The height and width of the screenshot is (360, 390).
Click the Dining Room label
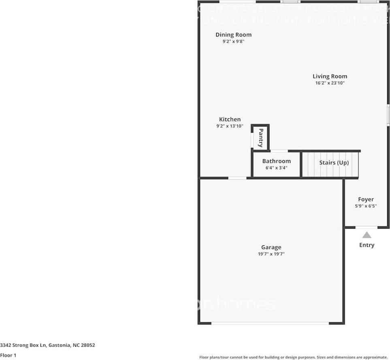click(233, 35)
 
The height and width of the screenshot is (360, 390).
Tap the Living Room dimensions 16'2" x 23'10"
click(330, 83)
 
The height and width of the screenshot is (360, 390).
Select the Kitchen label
click(230, 120)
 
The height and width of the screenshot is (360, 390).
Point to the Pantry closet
click(260, 138)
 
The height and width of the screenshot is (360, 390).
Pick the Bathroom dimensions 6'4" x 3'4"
click(276, 167)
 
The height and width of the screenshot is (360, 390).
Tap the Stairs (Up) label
click(334, 163)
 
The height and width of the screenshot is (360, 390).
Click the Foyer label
click(366, 199)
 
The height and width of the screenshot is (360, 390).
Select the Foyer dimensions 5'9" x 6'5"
click(366, 206)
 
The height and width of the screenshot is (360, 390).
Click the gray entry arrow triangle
click(367, 235)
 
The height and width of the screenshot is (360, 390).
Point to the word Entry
click(367, 245)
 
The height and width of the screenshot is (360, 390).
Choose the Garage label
click(271, 247)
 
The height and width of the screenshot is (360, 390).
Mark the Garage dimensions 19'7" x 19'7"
click(271, 254)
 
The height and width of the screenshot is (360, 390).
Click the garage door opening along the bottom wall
click(270, 323)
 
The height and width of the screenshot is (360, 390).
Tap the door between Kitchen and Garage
click(237, 178)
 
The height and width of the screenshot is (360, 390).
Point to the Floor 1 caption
click(8, 356)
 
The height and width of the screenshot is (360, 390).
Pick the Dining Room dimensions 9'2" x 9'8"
click(233, 41)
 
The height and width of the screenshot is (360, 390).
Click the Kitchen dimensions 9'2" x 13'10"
click(230, 126)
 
